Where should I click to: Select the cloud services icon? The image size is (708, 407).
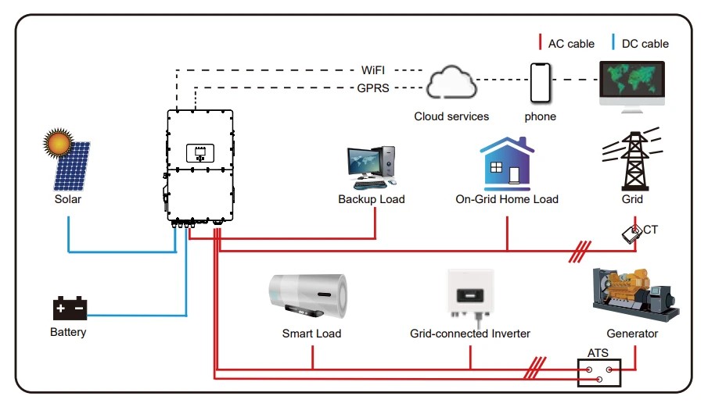pos(451,84)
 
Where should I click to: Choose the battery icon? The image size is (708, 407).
pos(69,309)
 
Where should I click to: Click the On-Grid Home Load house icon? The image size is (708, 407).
pos(507,164)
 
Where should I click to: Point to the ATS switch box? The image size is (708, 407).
pos(598,373)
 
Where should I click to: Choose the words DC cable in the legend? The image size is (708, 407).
pos(645,44)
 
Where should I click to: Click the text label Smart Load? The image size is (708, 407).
pos(311,334)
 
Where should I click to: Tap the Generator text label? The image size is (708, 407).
pos(632,334)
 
